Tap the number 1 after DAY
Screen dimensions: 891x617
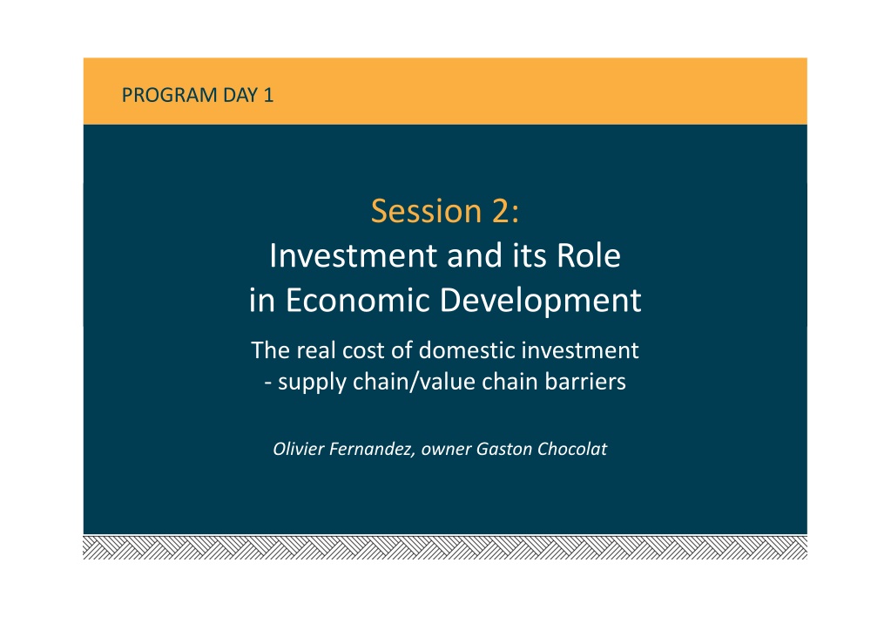[268, 95]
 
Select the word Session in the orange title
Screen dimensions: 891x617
[426, 211]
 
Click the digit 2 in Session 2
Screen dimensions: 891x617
[501, 210]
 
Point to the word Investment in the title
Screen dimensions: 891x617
[353, 255]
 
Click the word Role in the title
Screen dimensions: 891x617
[588, 255]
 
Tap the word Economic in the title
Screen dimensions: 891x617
[357, 300]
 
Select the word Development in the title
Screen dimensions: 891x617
[540, 302]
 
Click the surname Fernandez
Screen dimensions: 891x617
[372, 450]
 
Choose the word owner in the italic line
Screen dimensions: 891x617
[446, 450]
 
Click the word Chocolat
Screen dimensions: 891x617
[572, 449]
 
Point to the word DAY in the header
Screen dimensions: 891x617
[240, 95]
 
